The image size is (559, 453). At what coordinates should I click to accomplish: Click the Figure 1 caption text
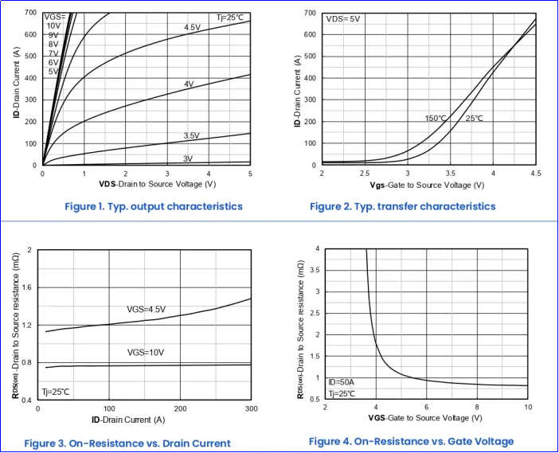pos(153,206)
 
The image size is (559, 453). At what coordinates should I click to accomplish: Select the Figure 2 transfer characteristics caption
pos(402,206)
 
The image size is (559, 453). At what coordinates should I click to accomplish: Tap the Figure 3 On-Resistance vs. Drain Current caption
pos(127,443)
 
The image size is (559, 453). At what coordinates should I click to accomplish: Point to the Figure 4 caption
pos(411,441)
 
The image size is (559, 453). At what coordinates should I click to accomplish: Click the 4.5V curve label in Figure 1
pos(192,28)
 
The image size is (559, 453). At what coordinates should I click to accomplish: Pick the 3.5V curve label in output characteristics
pos(191,136)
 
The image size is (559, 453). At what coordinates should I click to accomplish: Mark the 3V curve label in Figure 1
pos(188,158)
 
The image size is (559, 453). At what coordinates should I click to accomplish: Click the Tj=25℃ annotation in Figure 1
pos(231,18)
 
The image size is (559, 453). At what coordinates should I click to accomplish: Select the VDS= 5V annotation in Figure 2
pos(343,18)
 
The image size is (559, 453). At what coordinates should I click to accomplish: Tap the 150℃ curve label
pos(436,119)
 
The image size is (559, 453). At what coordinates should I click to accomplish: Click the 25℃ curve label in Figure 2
pos(474,119)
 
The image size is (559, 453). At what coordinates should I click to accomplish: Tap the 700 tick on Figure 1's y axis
pos(30,13)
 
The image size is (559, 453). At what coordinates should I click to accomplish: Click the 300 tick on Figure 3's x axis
pos(250,408)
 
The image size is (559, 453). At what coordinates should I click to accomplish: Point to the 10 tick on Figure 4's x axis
pos(527,407)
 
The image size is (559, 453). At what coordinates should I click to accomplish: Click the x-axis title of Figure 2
pos(427,185)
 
